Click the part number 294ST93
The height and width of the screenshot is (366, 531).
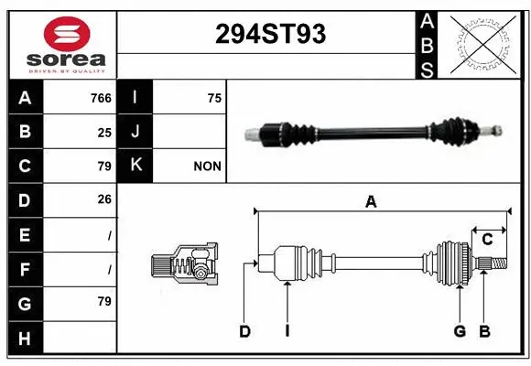pyautogui.click(x=269, y=34)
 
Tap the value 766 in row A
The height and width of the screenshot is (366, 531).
pyautogui.click(x=100, y=98)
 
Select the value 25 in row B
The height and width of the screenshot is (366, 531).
pyautogui.click(x=103, y=132)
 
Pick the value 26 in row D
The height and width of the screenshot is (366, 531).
pyautogui.click(x=103, y=199)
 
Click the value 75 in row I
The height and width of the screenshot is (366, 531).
pyautogui.click(x=213, y=98)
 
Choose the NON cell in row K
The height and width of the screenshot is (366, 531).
pyautogui.click(x=207, y=167)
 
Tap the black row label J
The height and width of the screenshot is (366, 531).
pyautogui.click(x=135, y=132)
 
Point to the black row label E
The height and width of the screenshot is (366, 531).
pyautogui.click(x=25, y=234)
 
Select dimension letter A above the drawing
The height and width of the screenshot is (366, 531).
pyautogui.click(x=371, y=202)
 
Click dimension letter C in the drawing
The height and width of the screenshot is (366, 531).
pyautogui.click(x=488, y=239)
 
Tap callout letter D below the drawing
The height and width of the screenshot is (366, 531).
pyautogui.click(x=244, y=331)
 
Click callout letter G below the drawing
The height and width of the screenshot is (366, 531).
pyautogui.click(x=460, y=331)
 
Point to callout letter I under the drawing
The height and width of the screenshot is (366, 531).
pyautogui.click(x=287, y=331)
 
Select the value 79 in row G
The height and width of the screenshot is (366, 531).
pyautogui.click(x=103, y=301)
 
